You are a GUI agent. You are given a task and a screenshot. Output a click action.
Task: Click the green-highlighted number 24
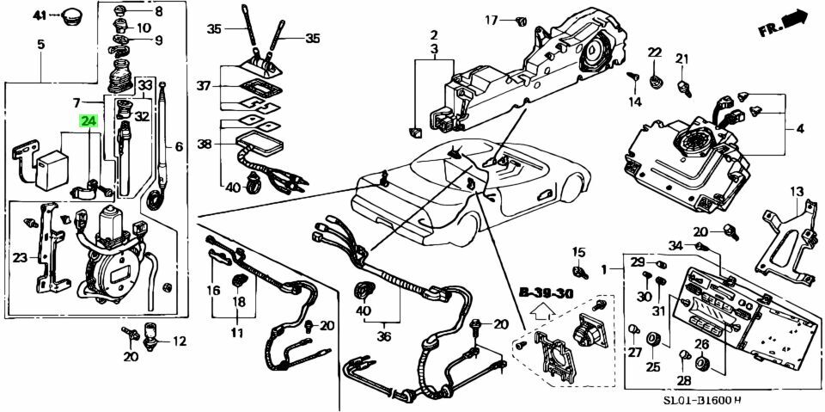[89, 121]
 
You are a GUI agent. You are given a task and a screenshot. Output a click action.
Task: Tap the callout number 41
[41, 15]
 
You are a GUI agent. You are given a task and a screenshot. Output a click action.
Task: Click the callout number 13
[797, 191]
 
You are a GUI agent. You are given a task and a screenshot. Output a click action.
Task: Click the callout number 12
[179, 341]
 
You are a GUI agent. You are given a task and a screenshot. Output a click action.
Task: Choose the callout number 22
[655, 53]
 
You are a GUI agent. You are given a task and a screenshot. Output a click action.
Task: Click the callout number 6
[179, 147]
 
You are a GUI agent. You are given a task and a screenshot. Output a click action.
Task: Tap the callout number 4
[799, 129]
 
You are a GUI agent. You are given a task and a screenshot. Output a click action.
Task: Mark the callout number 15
[578, 252]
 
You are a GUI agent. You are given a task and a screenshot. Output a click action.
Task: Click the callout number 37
[203, 86]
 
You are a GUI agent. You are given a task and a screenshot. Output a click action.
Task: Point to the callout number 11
[236, 332]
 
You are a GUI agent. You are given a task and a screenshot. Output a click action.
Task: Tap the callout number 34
[676, 246]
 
